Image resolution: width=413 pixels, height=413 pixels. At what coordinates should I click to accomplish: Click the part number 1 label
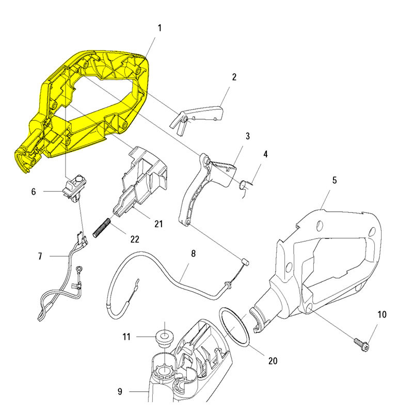tap(160, 27)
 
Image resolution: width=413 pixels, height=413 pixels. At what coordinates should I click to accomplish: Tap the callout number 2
tap(234, 77)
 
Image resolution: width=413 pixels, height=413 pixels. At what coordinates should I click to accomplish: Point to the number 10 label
tap(382, 314)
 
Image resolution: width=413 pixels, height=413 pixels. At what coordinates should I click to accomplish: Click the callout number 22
tap(135, 239)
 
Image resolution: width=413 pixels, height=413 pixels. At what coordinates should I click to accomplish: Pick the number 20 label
tap(272, 361)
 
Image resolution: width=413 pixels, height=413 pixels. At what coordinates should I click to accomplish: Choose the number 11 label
tap(126, 337)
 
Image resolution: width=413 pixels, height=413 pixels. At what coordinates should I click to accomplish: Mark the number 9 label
tap(120, 392)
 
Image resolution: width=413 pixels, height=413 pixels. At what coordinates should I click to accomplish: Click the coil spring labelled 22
tap(102, 227)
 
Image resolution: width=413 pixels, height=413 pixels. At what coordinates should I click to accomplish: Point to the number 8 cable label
tap(194, 254)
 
